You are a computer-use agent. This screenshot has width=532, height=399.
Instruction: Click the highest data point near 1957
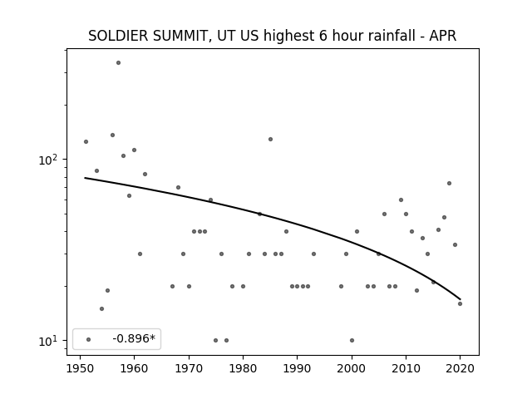coord(118,63)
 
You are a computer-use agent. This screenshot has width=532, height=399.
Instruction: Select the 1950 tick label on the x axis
coord(80,368)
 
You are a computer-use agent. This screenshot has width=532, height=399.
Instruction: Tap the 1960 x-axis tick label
coord(135,368)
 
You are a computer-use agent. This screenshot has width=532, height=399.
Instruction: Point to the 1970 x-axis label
coord(189,368)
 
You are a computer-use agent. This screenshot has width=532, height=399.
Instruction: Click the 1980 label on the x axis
coord(243,368)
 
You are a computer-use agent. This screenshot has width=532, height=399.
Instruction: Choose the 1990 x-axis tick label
coord(298,368)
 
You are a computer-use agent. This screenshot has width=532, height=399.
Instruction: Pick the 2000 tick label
coord(352,368)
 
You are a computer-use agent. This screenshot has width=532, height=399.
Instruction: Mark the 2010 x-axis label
coord(406,368)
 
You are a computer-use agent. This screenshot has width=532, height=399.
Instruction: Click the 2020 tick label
coord(460,368)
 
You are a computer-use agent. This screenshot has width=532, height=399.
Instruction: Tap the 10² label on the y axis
coord(47,160)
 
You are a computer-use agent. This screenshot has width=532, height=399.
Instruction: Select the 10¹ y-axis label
coord(47,341)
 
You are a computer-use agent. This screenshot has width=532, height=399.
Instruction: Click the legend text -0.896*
coord(134,338)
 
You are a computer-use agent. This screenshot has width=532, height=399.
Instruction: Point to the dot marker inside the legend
coord(89,339)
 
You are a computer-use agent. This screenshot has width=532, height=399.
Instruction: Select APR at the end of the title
coord(442,36)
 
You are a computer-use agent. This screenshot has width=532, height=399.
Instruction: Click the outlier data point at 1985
coord(270,139)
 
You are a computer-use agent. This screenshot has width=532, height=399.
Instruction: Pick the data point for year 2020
coord(460,303)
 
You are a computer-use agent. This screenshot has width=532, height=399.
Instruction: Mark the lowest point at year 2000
coord(352,340)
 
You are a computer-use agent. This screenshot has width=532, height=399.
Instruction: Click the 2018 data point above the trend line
coord(449,183)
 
